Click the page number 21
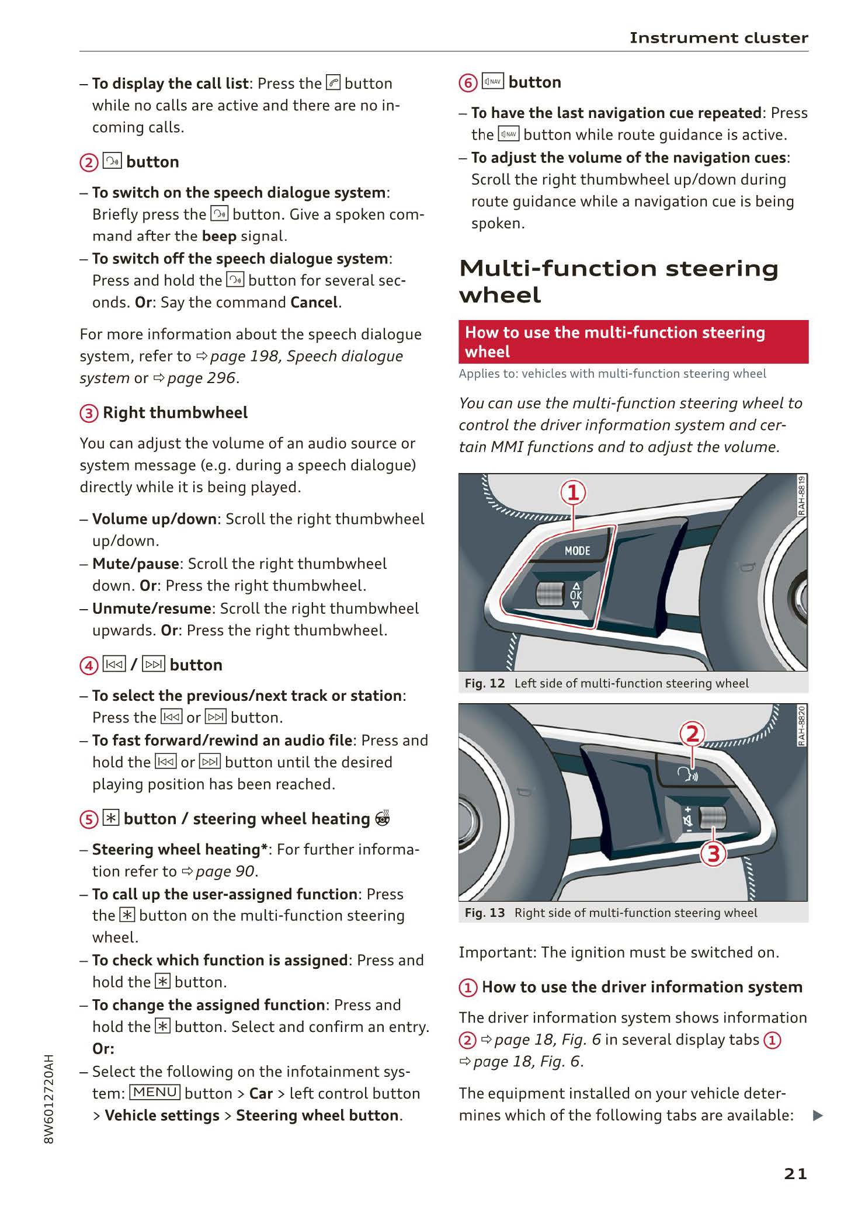795,1173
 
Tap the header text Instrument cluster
718,38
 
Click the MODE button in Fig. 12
577,551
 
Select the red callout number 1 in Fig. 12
574,493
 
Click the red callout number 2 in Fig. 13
692,734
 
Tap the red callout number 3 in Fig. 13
714,854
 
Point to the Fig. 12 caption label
484,683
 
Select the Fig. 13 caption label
484,913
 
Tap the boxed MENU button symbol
155,1092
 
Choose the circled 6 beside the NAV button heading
468,83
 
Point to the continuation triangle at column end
818,1115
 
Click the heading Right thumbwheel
175,413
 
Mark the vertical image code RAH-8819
802,496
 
